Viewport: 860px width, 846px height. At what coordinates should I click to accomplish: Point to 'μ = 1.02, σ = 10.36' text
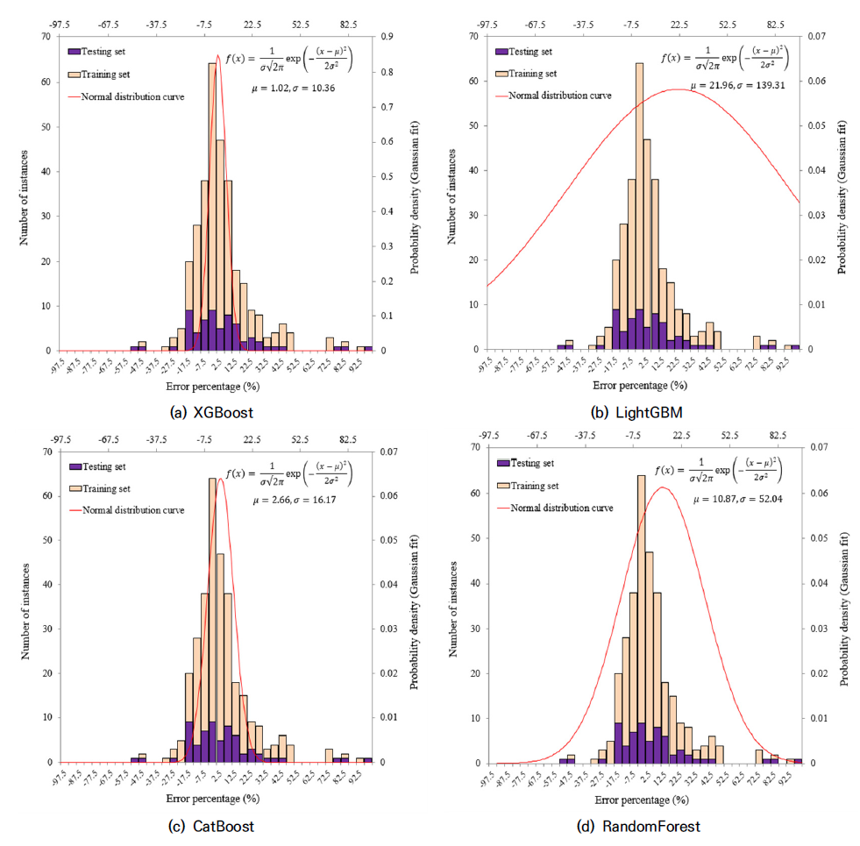click(287, 89)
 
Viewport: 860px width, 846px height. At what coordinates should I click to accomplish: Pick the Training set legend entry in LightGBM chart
click(531, 75)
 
